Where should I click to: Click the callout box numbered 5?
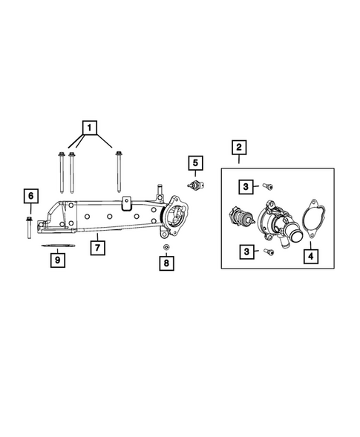coord(194,162)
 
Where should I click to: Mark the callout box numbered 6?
coord(30,196)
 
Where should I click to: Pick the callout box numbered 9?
coord(56,260)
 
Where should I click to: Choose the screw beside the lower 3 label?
coord(267,253)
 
